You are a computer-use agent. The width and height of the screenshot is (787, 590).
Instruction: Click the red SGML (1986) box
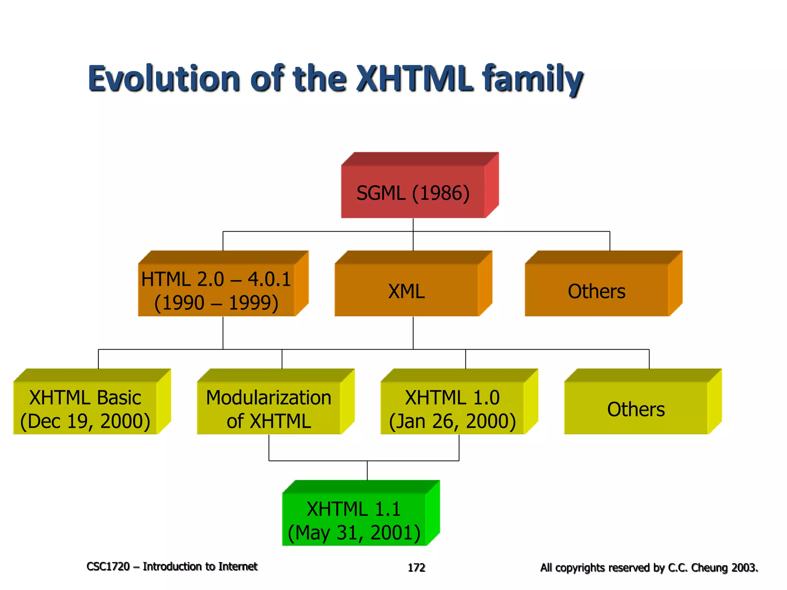[413, 192]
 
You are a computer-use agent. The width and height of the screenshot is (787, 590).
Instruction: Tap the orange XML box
[407, 291]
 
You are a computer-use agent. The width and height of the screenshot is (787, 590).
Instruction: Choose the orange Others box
[596, 291]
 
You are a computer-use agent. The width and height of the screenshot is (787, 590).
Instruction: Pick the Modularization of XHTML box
[269, 409]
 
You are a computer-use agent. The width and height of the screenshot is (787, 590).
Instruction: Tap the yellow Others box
[636, 409]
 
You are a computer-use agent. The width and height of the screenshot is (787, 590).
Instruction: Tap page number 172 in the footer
[416, 567]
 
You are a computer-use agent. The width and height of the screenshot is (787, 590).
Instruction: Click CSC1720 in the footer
[108, 567]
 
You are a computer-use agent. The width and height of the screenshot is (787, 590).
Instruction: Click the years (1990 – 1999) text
[216, 303]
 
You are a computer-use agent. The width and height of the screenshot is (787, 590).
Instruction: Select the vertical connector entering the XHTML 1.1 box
[367, 471]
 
